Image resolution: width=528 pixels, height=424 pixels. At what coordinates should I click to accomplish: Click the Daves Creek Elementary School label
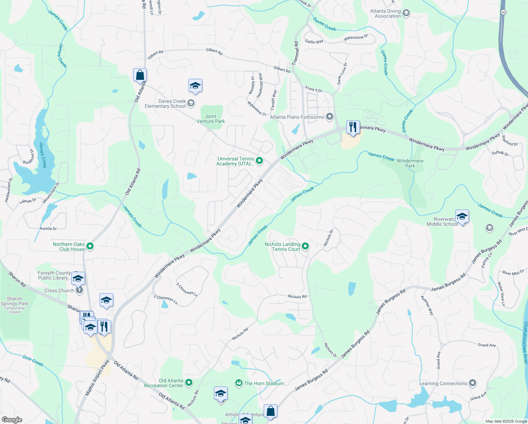click(165, 104)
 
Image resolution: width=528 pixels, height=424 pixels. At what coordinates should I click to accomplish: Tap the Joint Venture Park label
click(211, 119)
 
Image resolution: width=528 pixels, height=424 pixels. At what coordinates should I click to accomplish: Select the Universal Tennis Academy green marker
click(259, 161)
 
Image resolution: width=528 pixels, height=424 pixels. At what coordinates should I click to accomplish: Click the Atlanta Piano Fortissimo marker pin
click(330, 117)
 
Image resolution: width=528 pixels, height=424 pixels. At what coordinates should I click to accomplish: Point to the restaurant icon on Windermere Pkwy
click(353, 127)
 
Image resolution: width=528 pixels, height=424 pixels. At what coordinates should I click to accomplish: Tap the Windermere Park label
click(410, 163)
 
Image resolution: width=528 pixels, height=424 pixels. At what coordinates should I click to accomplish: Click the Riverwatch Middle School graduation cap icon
click(462, 216)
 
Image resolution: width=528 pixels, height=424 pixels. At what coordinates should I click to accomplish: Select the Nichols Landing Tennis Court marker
click(305, 246)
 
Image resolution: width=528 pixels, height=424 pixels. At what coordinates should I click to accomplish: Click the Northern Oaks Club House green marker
click(90, 246)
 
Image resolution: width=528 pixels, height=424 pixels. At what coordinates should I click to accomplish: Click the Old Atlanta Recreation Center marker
click(189, 383)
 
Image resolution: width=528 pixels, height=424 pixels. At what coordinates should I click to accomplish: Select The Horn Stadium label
click(264, 383)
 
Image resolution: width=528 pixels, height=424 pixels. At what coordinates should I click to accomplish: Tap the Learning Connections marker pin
click(473, 383)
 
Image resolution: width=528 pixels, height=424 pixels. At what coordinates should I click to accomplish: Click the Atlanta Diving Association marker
click(406, 13)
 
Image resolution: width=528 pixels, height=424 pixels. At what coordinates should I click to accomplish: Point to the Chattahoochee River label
click(525, 343)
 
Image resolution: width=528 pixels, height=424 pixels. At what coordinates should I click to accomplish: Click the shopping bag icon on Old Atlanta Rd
click(140, 75)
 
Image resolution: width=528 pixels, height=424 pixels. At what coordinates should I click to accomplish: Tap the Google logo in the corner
click(12, 420)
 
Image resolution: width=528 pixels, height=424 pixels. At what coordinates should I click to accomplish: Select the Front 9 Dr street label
click(314, 89)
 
